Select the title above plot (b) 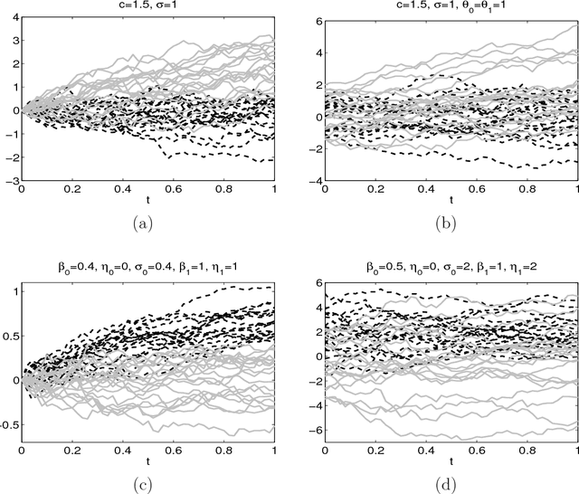(446, 6)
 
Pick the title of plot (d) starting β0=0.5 (446, 269)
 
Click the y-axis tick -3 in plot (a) (11, 181)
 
